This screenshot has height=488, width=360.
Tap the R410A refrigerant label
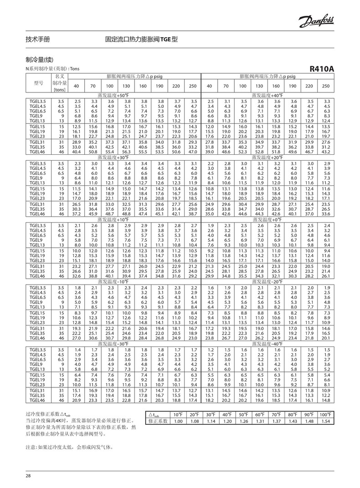click(322, 69)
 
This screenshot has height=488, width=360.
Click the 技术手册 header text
click(38, 40)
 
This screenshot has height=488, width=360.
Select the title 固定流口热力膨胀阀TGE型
click(141, 40)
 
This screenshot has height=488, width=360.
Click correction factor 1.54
click(324, 422)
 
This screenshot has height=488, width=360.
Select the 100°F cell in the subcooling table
click(324, 415)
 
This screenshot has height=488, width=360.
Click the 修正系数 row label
click(158, 422)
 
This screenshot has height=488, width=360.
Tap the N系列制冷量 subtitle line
click(50, 68)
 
